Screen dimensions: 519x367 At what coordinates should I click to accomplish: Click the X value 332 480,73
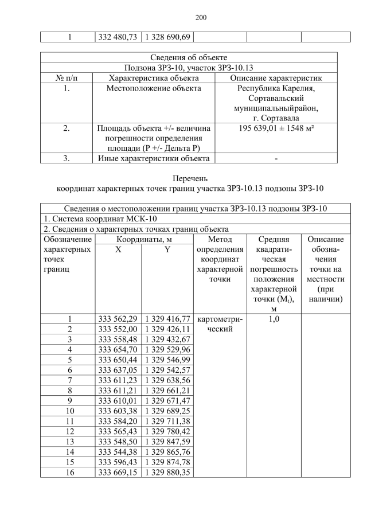(x=118, y=37)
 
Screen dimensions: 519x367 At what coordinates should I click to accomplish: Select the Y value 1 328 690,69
(x=167, y=37)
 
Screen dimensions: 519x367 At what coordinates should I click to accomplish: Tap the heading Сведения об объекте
(x=189, y=57)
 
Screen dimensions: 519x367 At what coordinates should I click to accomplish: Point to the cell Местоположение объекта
(x=154, y=88)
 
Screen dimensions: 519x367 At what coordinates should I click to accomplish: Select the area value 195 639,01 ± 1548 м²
(x=276, y=128)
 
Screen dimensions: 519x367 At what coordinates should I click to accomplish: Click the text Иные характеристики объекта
(x=154, y=158)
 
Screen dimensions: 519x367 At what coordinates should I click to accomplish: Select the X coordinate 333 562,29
(x=118, y=319)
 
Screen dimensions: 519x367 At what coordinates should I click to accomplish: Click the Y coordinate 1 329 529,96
(x=167, y=349)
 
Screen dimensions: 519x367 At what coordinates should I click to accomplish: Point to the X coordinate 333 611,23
(x=118, y=380)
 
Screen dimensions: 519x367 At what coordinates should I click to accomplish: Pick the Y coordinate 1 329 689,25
(x=167, y=411)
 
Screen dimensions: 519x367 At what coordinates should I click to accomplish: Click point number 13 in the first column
(x=69, y=442)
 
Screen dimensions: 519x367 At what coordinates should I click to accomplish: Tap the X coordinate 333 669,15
(x=118, y=473)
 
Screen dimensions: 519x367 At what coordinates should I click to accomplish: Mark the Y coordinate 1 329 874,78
(x=167, y=462)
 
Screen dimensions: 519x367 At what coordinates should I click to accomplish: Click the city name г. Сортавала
(x=276, y=119)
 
